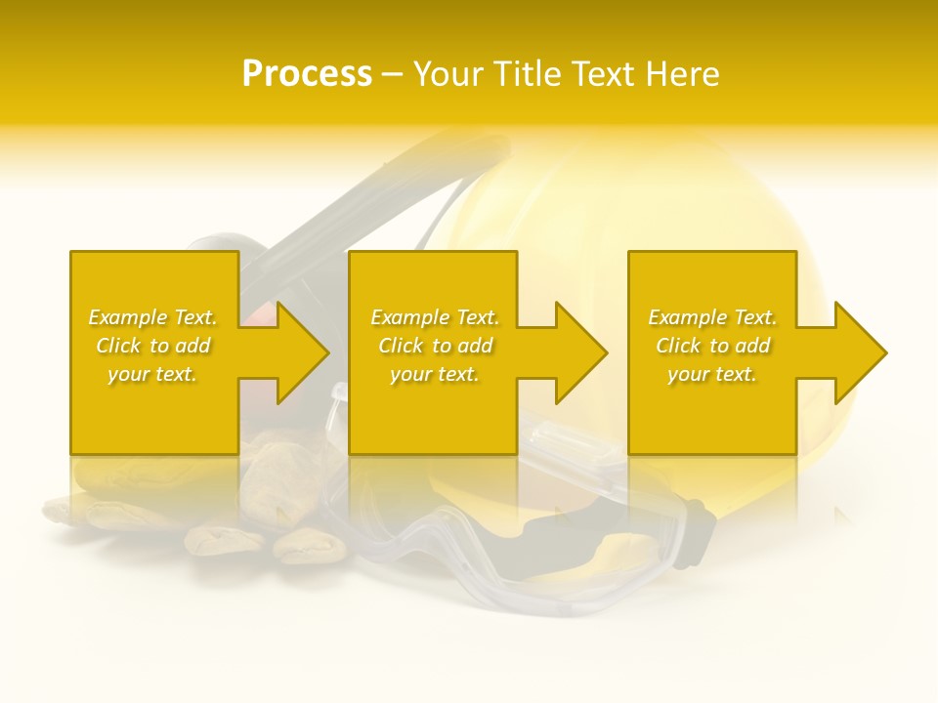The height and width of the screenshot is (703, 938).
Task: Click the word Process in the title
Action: [x=307, y=74]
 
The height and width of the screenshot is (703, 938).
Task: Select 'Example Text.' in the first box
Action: [x=152, y=317]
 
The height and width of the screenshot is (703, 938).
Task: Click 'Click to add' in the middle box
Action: [x=435, y=346]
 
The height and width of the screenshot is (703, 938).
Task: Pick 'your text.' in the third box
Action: [x=712, y=374]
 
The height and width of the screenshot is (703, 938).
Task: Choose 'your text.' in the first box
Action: [x=152, y=374]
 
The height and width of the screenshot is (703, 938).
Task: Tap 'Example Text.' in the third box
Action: [x=712, y=317]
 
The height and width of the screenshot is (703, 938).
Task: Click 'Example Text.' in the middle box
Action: [x=435, y=317]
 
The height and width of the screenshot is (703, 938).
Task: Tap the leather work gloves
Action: [x=195, y=508]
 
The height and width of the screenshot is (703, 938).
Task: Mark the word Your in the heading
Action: [x=450, y=74]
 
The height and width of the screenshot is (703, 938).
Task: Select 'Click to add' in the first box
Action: [x=152, y=346]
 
